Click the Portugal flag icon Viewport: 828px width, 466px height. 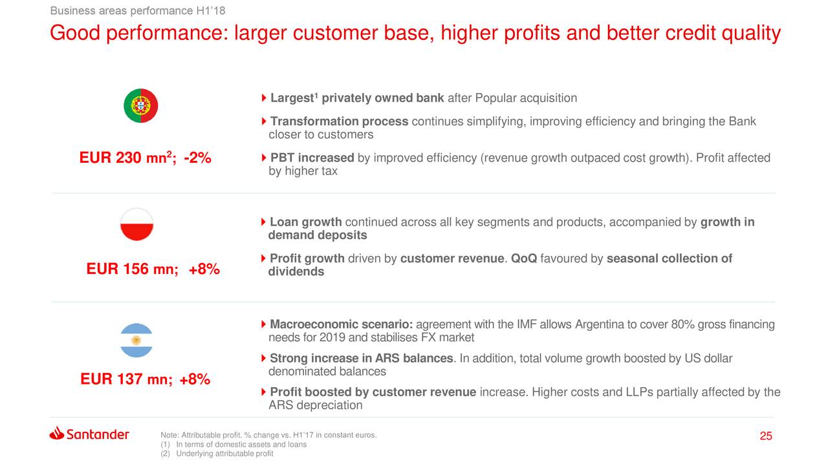141,105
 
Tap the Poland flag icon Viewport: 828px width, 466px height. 136,224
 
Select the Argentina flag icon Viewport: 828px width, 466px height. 136,340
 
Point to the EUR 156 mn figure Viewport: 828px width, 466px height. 133,269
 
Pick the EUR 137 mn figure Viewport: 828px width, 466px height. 126,379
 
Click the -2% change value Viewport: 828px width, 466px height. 197,158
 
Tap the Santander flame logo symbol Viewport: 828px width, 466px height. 56,433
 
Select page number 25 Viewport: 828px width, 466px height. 766,436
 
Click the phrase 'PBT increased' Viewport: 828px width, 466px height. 312,158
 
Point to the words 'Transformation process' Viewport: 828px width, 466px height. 340,121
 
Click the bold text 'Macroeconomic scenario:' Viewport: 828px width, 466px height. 341,324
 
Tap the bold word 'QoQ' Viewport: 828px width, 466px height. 524,259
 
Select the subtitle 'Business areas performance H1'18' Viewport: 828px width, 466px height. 138,11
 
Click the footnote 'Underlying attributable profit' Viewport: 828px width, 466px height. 224,454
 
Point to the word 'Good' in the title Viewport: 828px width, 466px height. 75,33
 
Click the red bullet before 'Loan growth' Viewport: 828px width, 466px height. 263,222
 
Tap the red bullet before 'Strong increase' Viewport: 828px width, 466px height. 263,358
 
